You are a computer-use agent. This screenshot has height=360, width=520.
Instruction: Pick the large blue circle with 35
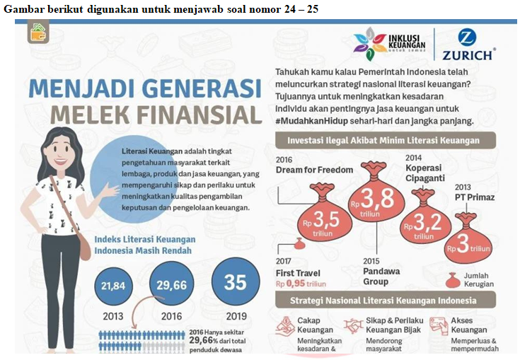(x=235, y=281)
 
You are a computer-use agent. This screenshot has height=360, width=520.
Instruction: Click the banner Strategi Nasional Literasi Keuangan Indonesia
(x=384, y=301)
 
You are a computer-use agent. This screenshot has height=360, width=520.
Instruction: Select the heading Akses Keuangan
(x=467, y=325)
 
